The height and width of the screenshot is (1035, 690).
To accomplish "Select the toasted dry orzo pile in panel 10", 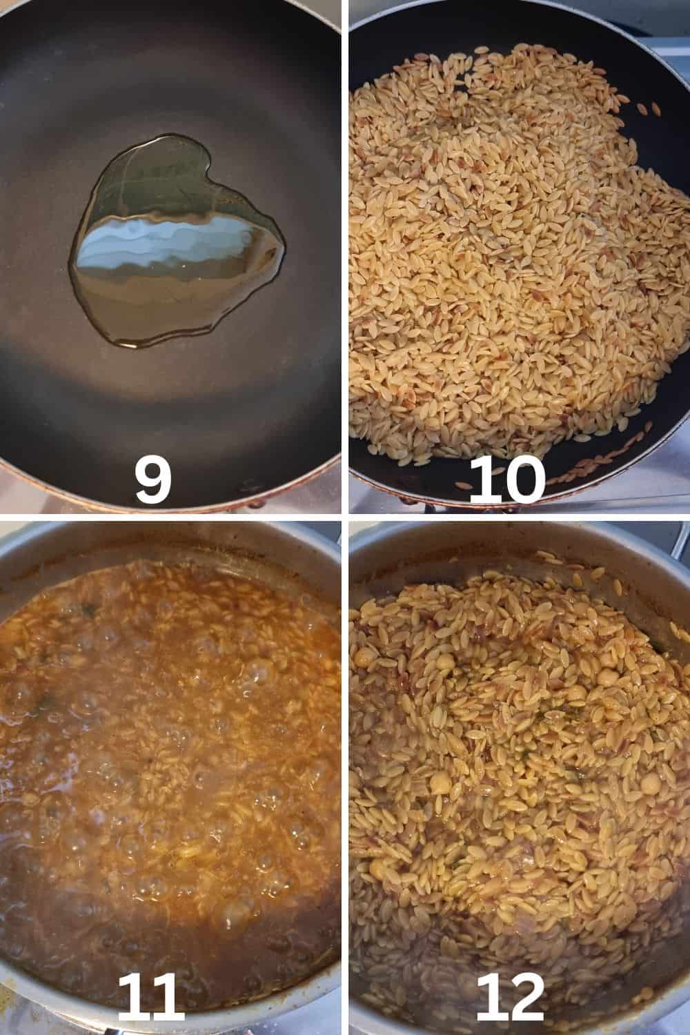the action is pos(513,250).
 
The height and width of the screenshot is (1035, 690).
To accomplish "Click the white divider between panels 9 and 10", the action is pos(345,257).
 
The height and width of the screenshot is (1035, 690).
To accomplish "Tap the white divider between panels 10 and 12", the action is pos(520,517).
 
